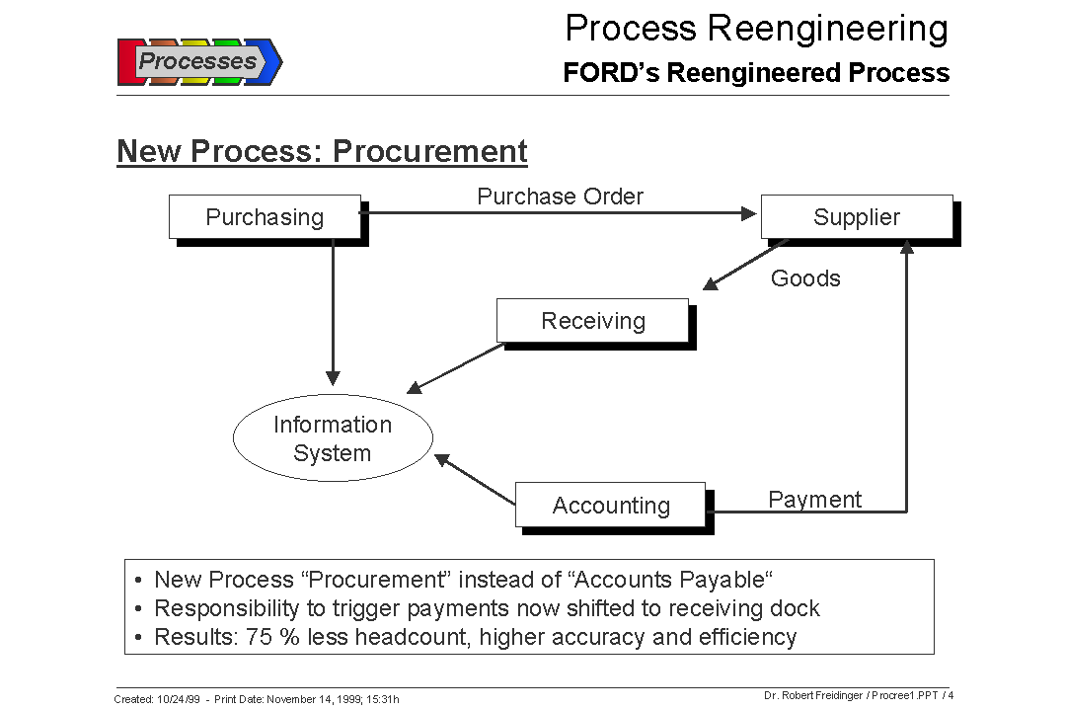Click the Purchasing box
pyautogui.click(x=265, y=217)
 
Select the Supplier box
pyautogui.click(x=856, y=217)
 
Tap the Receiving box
pyautogui.click(x=592, y=321)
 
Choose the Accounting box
pyautogui.click(x=610, y=506)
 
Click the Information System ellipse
pyautogui.click(x=333, y=438)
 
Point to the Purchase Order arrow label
pyautogui.click(x=560, y=197)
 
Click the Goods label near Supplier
pyautogui.click(x=805, y=278)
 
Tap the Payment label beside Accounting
pyautogui.click(x=814, y=500)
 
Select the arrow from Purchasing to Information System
pyautogui.click(x=333, y=316)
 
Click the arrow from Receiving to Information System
pyautogui.click(x=456, y=367)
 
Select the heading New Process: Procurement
pyautogui.click(x=322, y=151)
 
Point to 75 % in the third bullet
pyautogui.click(x=273, y=637)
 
